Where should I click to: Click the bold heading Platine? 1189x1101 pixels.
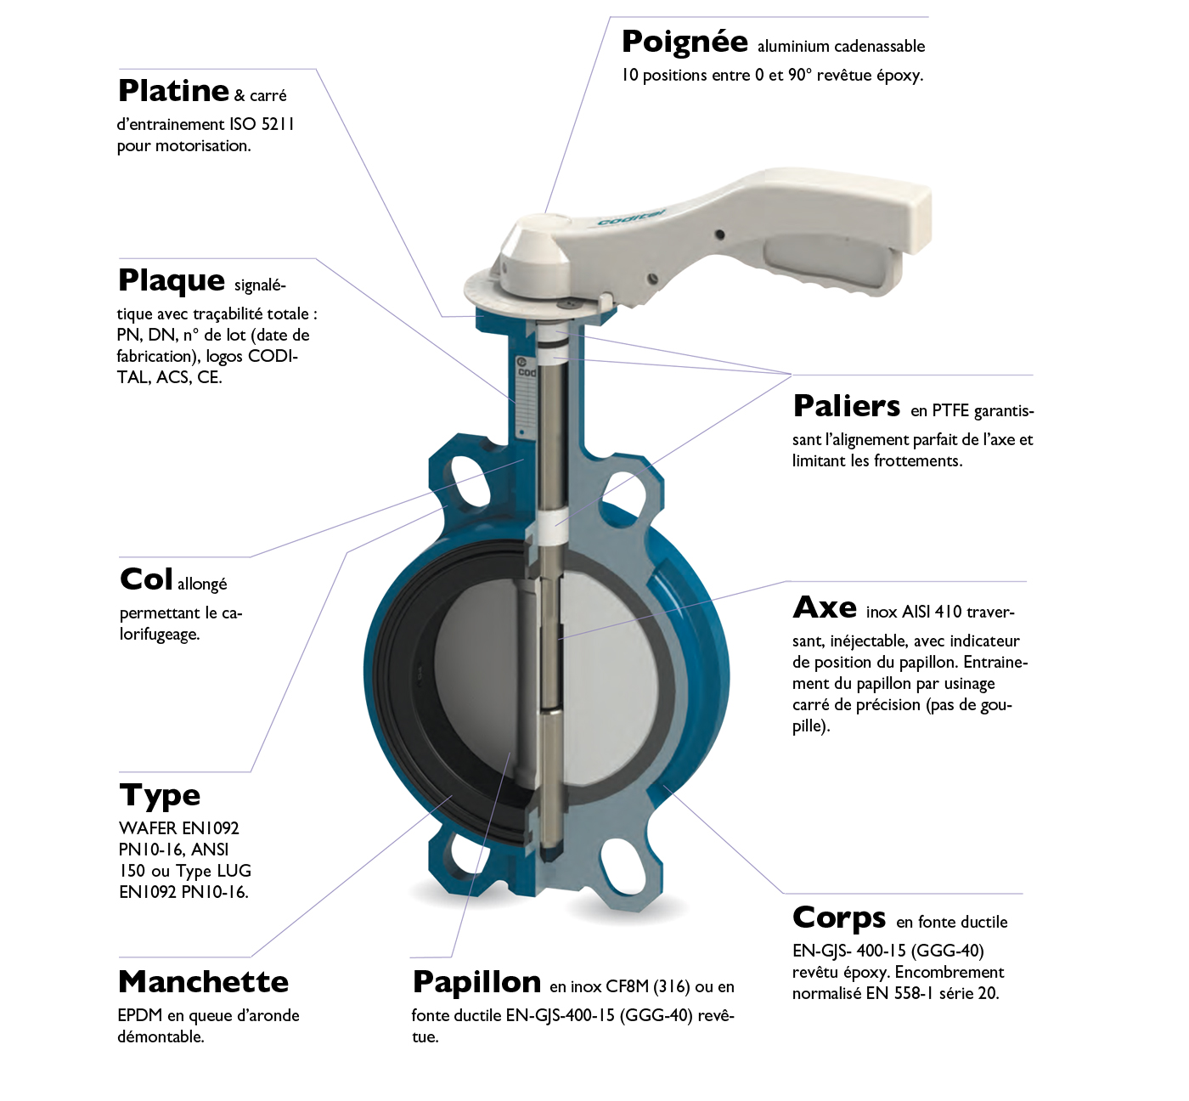pyautogui.click(x=173, y=90)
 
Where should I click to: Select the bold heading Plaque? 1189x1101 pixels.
pyautogui.click(x=172, y=281)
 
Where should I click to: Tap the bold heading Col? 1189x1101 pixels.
pyautogui.click(x=146, y=579)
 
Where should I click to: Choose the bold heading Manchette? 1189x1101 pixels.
pyautogui.click(x=204, y=982)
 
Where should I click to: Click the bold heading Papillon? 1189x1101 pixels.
pyautogui.click(x=476, y=984)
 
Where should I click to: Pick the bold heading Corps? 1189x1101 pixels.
pyautogui.click(x=839, y=918)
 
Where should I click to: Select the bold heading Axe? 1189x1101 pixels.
pyautogui.click(x=825, y=607)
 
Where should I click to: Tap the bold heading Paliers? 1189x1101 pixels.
pyautogui.click(x=847, y=406)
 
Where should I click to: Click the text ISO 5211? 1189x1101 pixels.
pyautogui.click(x=262, y=124)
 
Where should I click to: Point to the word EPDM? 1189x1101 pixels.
pyautogui.click(x=140, y=1015)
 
